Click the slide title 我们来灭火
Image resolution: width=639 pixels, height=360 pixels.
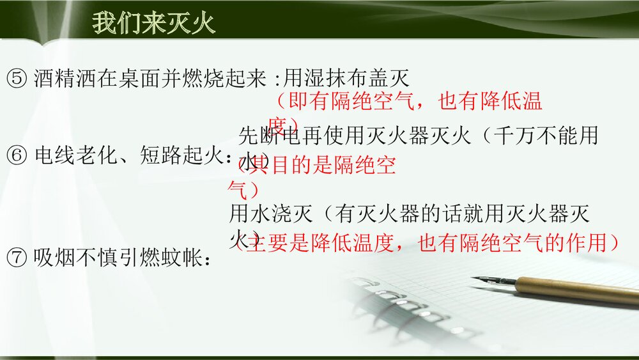(154, 24)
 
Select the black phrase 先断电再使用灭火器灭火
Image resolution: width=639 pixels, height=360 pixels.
(355, 136)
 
